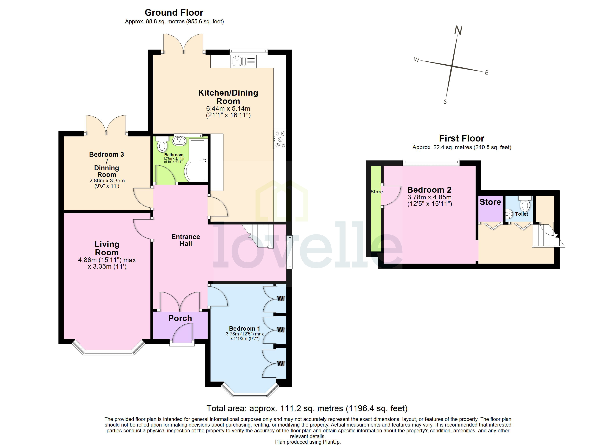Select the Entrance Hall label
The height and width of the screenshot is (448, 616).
pyautogui.click(x=186, y=240)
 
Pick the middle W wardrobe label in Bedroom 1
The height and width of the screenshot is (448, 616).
pyautogui.click(x=280, y=329)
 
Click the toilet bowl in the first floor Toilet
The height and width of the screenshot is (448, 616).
pyautogui.click(x=525, y=206)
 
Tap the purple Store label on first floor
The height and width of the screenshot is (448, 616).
pyautogui.click(x=490, y=202)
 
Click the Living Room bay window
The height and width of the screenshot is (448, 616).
pyautogui.click(x=108, y=352)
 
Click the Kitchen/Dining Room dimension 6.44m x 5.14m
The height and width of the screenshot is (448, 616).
pyautogui.click(x=228, y=108)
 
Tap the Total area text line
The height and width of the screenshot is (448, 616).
pyautogui.click(x=307, y=409)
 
